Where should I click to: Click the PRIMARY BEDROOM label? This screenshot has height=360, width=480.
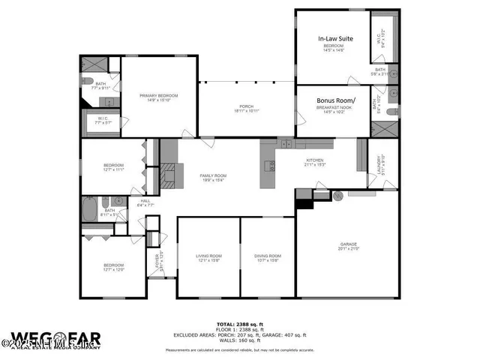click(157, 97)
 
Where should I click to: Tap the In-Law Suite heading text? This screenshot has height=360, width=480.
click(335, 37)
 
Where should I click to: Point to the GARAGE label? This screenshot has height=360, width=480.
click(347, 244)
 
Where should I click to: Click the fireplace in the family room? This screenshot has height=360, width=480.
click(172, 175)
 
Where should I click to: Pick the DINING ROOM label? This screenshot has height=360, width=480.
click(267, 257)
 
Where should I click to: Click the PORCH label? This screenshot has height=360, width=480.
click(246, 107)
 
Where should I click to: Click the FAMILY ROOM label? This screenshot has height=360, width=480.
click(212, 176)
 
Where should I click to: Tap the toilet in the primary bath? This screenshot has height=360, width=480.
click(87, 81)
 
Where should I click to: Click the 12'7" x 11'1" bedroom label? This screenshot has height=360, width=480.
click(113, 166)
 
